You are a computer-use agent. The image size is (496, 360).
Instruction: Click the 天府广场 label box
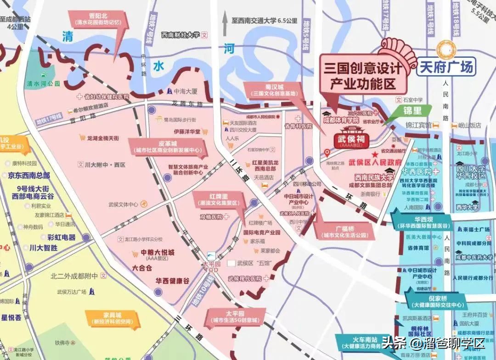pyautogui.click(x=446, y=67)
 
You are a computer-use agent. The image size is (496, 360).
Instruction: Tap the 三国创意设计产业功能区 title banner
pyautogui.click(x=363, y=76)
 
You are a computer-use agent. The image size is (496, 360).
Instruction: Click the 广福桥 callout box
pyautogui.click(x=345, y=231)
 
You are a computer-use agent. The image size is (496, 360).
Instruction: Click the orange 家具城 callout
pyautogui.click(x=112, y=318)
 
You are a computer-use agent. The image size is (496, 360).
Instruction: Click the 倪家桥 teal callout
pyautogui.click(x=437, y=301)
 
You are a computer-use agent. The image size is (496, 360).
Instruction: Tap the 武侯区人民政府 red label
pyautogui.click(x=375, y=163)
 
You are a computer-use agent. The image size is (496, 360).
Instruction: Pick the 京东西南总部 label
pyautogui.click(x=29, y=175)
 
